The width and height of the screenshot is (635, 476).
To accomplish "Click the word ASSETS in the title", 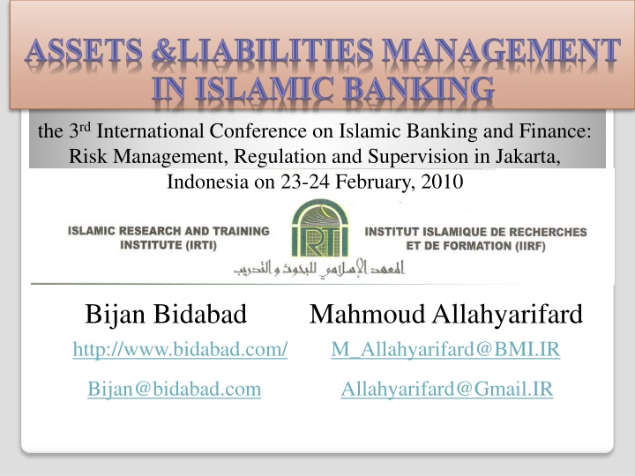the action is [x=84, y=52].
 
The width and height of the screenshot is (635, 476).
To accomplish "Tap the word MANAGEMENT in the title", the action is [x=501, y=52].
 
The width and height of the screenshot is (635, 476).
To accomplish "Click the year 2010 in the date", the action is [x=442, y=182].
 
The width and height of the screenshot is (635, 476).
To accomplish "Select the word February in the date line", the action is [x=376, y=182].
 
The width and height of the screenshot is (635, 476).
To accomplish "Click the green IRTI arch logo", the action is [x=320, y=228].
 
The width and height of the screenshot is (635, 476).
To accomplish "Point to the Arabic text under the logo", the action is [x=319, y=269].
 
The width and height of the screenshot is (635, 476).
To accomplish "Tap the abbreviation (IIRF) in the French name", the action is [x=526, y=246].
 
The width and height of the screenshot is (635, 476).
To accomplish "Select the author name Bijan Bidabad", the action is [x=166, y=314].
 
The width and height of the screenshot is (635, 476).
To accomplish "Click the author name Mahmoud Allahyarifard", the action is [x=446, y=315].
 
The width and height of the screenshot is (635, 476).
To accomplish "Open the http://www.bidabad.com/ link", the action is [x=180, y=349].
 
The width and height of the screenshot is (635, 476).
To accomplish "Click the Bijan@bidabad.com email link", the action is [x=175, y=390].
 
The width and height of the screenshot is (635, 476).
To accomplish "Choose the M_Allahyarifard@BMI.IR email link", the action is [x=445, y=349].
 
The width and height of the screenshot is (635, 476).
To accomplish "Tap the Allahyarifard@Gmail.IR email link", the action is [x=447, y=390].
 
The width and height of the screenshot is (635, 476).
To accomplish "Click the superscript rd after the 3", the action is [x=85, y=127].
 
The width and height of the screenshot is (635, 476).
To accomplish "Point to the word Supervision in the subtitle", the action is [x=417, y=157].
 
